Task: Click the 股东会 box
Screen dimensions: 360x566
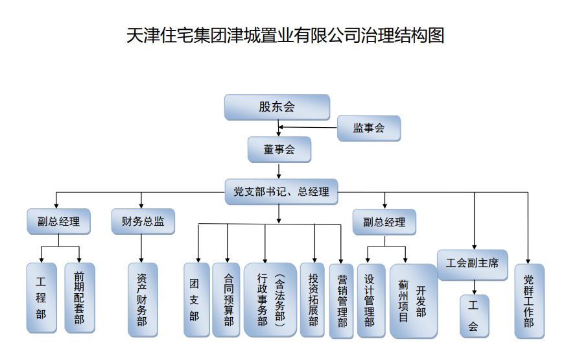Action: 277,107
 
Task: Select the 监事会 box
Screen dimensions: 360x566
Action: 368,128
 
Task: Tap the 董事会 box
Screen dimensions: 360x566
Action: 279,149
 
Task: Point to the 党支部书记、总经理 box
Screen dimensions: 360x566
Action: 281,191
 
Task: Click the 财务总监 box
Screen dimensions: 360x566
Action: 143,221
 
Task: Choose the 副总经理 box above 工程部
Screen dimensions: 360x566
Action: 58,221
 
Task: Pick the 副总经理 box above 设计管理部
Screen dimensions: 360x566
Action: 384,222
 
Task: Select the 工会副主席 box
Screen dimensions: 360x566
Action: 472,264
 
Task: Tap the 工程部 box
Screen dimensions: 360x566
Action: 41,298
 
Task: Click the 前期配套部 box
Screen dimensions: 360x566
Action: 79,298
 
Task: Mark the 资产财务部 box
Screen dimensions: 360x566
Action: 142,300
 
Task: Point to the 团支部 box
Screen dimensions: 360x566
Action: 196,300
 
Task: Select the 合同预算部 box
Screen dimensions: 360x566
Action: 226,300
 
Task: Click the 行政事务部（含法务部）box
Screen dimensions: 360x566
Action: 270,300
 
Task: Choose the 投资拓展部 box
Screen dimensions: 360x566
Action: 312,300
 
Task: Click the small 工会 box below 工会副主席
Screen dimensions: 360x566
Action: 474,316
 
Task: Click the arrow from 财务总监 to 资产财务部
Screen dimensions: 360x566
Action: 142,248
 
